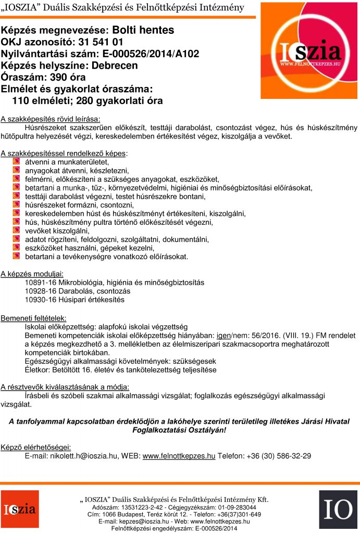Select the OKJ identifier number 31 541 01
coord(100,42)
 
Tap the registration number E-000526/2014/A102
coord(151,54)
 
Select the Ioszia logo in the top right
coord(309,50)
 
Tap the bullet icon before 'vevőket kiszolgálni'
coord(16,231)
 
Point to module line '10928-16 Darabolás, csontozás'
coord(78,291)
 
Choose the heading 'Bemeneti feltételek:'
coord(33,318)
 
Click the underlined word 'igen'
coord(223,335)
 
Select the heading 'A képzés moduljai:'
coord(32,273)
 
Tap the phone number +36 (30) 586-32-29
coord(277,455)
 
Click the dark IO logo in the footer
coord(338,510)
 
